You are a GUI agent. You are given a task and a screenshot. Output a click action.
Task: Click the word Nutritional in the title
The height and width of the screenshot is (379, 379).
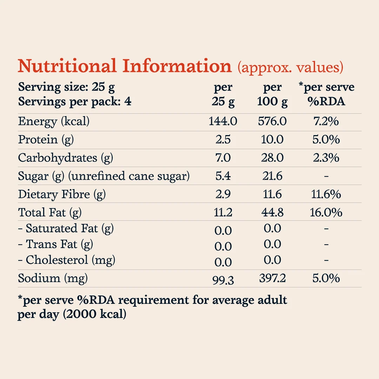pyautogui.click(x=67, y=66)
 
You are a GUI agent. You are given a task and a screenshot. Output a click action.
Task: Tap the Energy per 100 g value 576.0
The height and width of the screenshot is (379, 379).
pyautogui.click(x=272, y=121)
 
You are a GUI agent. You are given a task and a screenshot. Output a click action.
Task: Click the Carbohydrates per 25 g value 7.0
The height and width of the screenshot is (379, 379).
pyautogui.click(x=223, y=158)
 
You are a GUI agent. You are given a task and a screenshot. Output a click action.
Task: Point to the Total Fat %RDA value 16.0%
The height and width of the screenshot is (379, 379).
pyautogui.click(x=326, y=212)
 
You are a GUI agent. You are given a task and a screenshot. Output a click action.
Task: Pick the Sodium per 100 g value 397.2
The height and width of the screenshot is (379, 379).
pyautogui.click(x=272, y=278)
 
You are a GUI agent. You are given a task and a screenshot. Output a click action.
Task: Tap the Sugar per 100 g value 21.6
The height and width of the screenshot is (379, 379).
pyautogui.click(x=272, y=176)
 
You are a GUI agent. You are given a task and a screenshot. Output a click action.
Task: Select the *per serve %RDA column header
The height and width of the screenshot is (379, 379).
pyautogui.click(x=326, y=94)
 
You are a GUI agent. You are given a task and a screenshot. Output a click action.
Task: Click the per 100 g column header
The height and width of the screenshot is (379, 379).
pyautogui.click(x=272, y=94)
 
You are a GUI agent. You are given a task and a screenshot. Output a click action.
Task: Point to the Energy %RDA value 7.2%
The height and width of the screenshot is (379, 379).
pyautogui.click(x=326, y=121)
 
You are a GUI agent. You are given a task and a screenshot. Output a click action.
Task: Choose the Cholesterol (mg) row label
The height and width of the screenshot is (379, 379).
pyautogui.click(x=67, y=260)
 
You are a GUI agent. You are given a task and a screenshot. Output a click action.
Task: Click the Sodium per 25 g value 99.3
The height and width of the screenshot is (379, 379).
pyautogui.click(x=223, y=280)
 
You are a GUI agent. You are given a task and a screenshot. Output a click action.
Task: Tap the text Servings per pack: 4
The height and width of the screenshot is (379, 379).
pyautogui.click(x=75, y=101)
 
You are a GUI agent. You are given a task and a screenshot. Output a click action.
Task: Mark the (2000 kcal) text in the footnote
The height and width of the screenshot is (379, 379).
pyautogui.click(x=95, y=314)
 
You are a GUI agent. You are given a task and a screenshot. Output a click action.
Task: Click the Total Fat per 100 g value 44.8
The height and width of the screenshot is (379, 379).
pyautogui.click(x=272, y=212)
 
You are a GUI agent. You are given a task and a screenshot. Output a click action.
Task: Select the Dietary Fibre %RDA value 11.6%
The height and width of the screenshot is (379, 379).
pyautogui.click(x=326, y=194)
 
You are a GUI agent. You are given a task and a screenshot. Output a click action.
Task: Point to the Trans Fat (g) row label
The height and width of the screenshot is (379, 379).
pyautogui.click(x=55, y=245)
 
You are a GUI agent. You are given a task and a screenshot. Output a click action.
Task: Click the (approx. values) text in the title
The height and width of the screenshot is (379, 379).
pyautogui.click(x=290, y=67)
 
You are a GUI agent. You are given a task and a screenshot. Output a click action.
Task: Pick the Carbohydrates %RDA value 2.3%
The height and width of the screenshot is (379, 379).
pyautogui.click(x=326, y=158)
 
